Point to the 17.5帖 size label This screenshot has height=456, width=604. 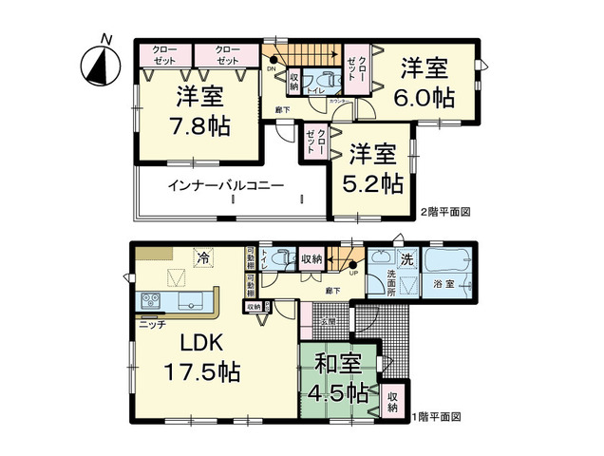(201, 371)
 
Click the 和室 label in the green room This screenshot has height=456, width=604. (338, 363)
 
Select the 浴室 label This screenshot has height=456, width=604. (444, 285)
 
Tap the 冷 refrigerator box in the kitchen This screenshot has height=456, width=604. (202, 256)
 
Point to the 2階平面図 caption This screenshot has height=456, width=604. (445, 211)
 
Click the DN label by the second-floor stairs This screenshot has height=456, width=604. (272, 68)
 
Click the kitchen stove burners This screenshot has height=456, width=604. (150, 301)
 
